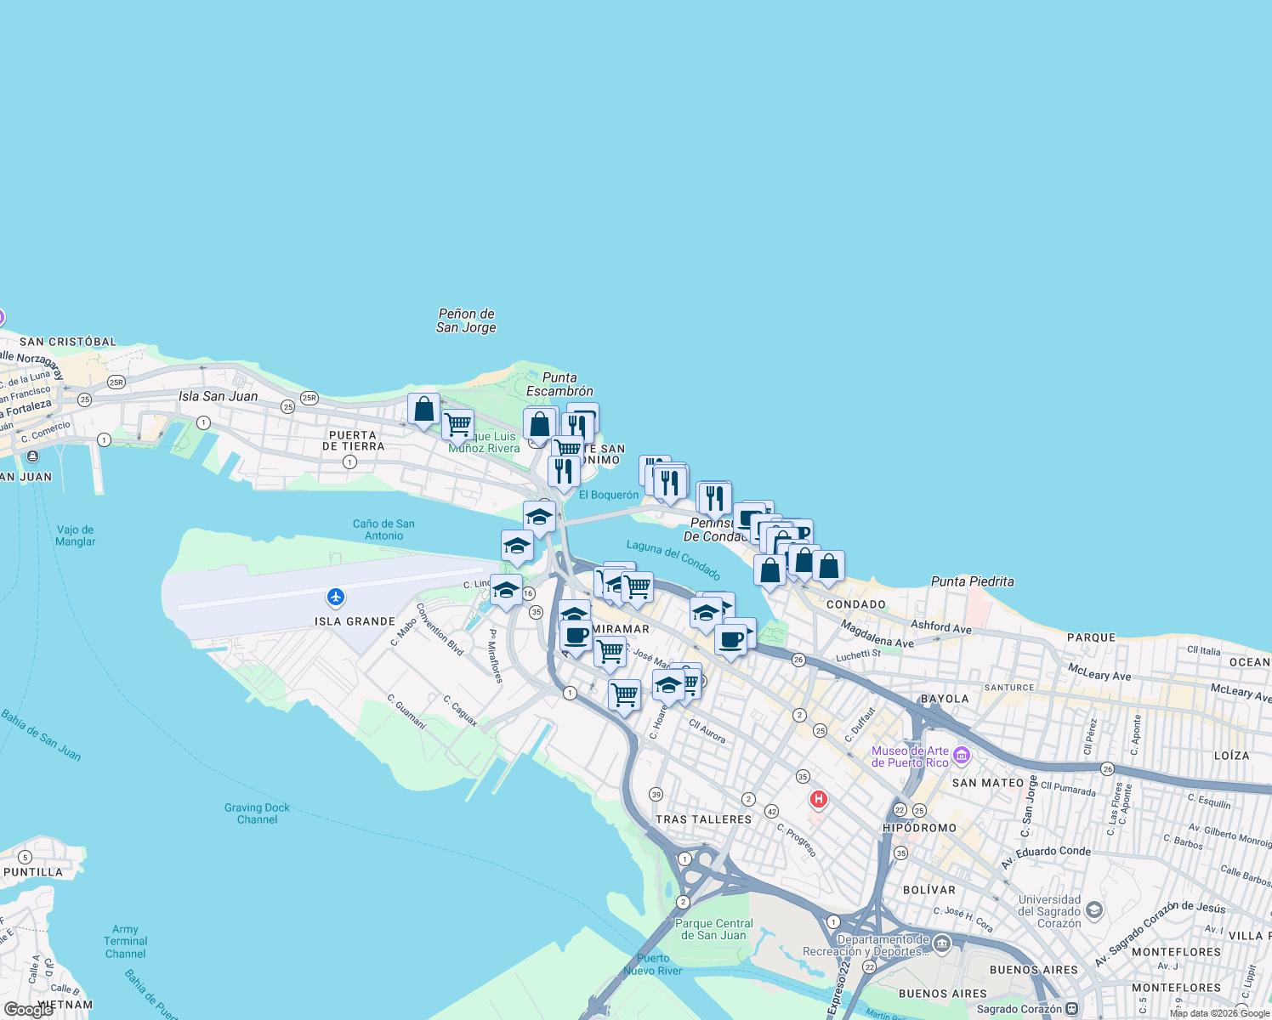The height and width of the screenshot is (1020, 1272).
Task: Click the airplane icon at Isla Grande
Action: click(x=336, y=597)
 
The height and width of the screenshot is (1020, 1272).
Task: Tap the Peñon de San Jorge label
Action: click(x=466, y=320)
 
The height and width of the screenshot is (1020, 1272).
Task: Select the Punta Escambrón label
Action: click(x=559, y=384)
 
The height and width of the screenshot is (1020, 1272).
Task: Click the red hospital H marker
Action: click(x=818, y=799)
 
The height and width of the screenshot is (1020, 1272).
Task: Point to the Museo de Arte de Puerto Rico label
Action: click(x=910, y=756)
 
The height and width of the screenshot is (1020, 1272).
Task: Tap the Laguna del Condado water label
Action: click(x=673, y=559)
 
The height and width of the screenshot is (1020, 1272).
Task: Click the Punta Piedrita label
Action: click(x=972, y=581)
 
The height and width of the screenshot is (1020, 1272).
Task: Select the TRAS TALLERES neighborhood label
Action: click(x=703, y=819)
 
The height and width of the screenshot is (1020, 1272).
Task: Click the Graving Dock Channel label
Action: click(x=257, y=813)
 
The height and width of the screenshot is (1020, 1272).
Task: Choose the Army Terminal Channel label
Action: click(x=125, y=941)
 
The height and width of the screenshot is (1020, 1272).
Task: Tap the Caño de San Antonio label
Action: click(x=383, y=530)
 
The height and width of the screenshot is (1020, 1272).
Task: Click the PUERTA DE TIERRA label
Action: click(x=353, y=440)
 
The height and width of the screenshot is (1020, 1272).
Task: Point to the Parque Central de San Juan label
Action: click(x=713, y=929)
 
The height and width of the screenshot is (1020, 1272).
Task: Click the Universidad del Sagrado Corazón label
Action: click(x=1049, y=911)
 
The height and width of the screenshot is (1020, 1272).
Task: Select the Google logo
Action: click(x=28, y=1010)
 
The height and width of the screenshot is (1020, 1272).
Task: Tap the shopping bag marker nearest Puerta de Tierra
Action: click(x=423, y=410)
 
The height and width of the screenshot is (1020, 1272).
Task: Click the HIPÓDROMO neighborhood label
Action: click(x=919, y=828)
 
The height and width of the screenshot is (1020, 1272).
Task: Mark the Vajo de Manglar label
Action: click(x=75, y=535)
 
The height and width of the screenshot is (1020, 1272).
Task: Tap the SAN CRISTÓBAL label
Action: click(x=68, y=342)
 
